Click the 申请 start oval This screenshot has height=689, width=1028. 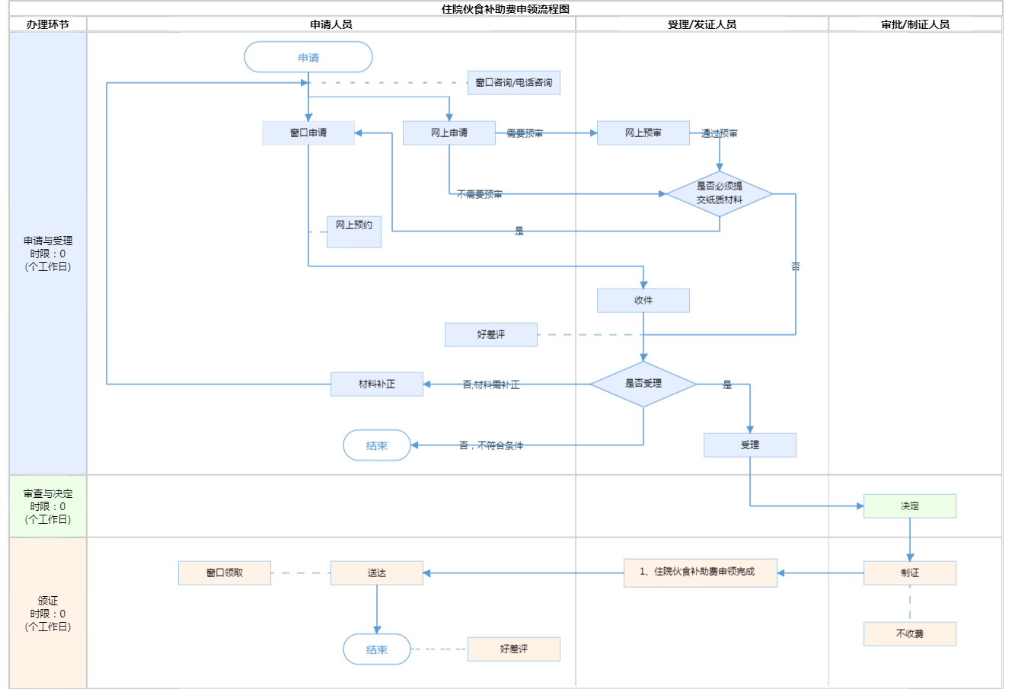pos(308,57)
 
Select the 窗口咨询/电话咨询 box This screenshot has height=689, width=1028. pos(514,82)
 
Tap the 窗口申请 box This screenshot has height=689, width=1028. pos(308,132)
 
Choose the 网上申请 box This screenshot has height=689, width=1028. pos(449,132)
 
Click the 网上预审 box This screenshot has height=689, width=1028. pos(643,132)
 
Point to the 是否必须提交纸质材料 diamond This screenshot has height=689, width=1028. pos(720,193)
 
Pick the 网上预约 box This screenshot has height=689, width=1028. pos(354,231)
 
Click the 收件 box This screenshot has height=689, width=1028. pos(643,300)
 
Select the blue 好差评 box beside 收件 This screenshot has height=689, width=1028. pos(491,334)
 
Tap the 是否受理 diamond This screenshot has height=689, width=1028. pos(643,384)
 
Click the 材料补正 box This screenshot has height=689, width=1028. pos(377,384)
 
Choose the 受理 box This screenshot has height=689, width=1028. pos(750,445)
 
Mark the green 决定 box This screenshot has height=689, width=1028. pos(910,506)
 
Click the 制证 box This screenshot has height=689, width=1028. pos(910,573)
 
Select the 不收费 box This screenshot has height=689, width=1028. pos(910,633)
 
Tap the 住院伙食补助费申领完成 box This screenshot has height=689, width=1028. pos(701,573)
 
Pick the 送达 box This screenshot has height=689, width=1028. pos(377,573)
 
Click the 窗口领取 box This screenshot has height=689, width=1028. pos(225,573)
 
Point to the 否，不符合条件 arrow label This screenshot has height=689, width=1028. pos(491,445)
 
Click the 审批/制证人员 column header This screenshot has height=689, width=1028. pos(915,24)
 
